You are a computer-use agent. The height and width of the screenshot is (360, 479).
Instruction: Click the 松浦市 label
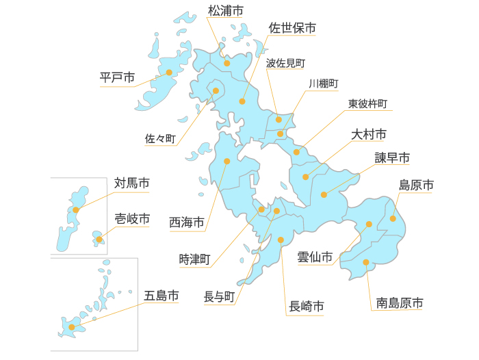click(225, 10)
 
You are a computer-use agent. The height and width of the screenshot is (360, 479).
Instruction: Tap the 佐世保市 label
click(292, 29)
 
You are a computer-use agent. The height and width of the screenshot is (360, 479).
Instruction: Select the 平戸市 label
click(117, 77)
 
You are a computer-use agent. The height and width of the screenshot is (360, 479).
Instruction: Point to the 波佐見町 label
click(285, 63)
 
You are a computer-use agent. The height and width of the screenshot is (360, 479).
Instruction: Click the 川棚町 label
click(324, 83)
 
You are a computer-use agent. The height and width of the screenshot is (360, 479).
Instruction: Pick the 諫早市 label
click(392, 158)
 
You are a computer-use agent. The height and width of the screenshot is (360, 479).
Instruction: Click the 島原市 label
click(416, 185)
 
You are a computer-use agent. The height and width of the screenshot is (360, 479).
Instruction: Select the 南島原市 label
click(400, 302)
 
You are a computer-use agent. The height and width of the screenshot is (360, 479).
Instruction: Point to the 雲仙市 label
click(315, 257)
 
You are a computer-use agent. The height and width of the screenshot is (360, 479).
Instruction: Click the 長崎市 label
click(307, 305)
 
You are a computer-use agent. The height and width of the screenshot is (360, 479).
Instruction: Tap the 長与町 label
click(220, 297)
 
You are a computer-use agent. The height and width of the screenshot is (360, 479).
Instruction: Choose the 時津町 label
click(195, 259)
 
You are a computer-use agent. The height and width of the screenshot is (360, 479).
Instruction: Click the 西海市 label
click(187, 222)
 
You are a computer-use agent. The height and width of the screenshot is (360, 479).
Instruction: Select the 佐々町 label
click(161, 138)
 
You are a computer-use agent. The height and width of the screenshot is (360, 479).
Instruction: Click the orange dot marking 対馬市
click(76, 210)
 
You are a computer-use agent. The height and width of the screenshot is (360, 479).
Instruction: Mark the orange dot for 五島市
click(72, 327)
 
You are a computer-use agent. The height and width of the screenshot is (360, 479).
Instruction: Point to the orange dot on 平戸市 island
click(169, 72)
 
